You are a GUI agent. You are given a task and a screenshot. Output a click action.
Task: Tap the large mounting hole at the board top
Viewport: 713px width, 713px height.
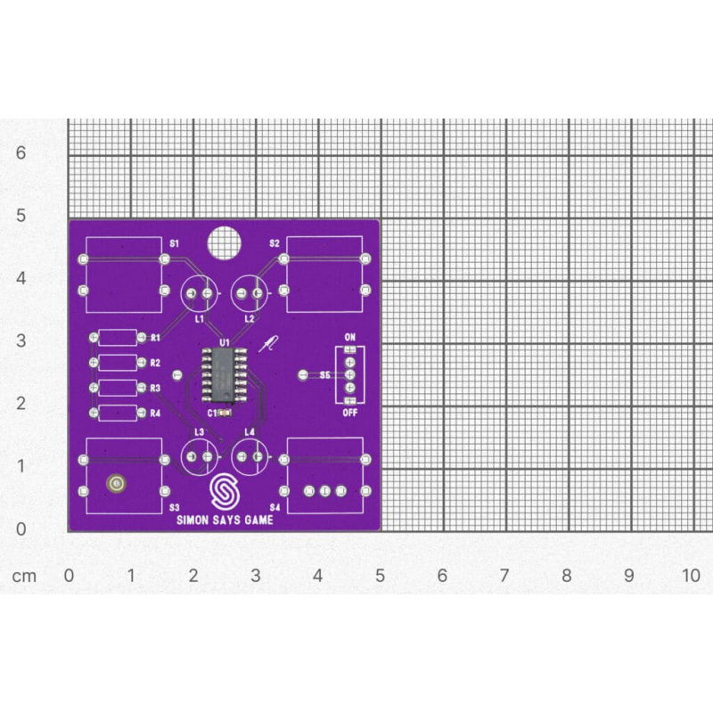[x=224, y=242]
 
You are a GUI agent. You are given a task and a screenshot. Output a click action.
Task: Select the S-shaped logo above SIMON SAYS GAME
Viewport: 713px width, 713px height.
[x=225, y=493]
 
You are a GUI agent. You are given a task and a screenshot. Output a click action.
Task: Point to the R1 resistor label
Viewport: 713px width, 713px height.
[x=155, y=338]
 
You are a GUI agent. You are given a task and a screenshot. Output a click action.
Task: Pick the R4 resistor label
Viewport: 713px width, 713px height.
[x=155, y=414]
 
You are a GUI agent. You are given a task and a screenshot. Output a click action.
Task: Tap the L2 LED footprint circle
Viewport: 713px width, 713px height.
[x=249, y=293]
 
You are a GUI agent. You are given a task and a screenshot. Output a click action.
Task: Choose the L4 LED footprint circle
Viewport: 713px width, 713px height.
[x=249, y=457]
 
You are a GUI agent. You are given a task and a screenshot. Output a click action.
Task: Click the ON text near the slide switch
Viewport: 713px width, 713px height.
[x=349, y=338]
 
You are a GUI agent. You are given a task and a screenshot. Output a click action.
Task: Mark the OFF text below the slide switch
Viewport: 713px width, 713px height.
[x=349, y=414]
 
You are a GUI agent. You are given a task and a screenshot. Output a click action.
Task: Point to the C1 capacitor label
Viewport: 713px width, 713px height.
[x=212, y=414]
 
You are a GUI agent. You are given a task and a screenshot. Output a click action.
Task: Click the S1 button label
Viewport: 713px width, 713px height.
[x=175, y=243]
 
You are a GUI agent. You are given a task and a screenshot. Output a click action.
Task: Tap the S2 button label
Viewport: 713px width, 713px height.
[x=275, y=243]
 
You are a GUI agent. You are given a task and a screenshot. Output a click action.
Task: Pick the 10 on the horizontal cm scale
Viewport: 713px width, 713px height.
[x=691, y=576]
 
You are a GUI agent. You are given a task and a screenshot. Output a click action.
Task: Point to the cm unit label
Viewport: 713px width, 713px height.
[x=24, y=576]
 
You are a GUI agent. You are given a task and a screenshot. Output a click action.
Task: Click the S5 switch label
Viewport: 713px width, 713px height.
[x=324, y=376]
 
